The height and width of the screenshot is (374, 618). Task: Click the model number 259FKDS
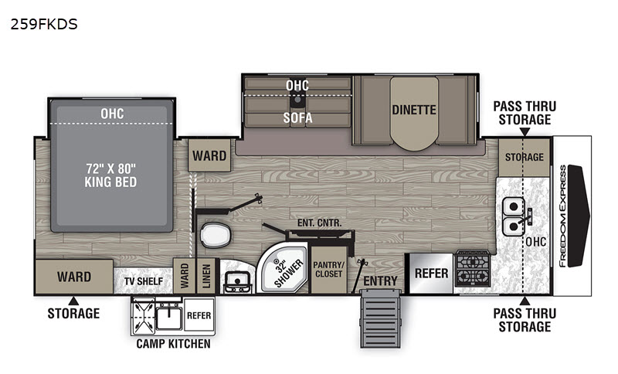44,25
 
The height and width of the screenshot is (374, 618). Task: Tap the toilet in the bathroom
216,235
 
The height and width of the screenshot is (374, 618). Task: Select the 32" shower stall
283,268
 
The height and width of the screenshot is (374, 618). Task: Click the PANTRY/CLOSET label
329,269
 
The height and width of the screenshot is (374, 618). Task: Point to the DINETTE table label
414,110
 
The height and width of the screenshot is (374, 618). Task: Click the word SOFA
297,117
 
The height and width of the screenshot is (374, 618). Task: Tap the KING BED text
110,182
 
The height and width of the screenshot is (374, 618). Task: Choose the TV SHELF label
144,281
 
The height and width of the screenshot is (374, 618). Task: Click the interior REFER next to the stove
431,273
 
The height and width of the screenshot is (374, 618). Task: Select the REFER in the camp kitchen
199,315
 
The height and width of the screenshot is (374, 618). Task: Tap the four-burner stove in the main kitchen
473,268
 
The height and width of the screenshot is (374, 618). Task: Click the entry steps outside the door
380,318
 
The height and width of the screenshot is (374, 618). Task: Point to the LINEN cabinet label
206,276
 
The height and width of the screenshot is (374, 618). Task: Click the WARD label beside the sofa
209,155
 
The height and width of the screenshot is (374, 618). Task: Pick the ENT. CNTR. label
319,223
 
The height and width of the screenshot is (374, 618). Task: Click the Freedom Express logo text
562,216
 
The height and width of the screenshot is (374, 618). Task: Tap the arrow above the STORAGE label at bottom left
73,301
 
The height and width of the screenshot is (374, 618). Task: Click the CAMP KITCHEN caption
173,344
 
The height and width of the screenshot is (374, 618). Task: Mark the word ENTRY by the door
380,281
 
